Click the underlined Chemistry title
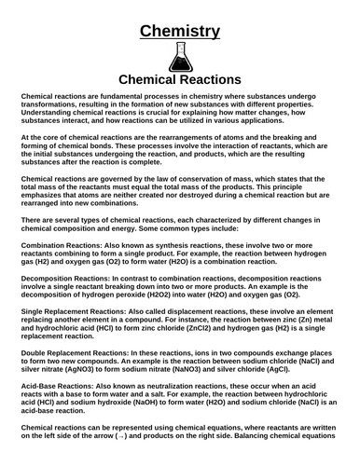coord(180,31)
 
